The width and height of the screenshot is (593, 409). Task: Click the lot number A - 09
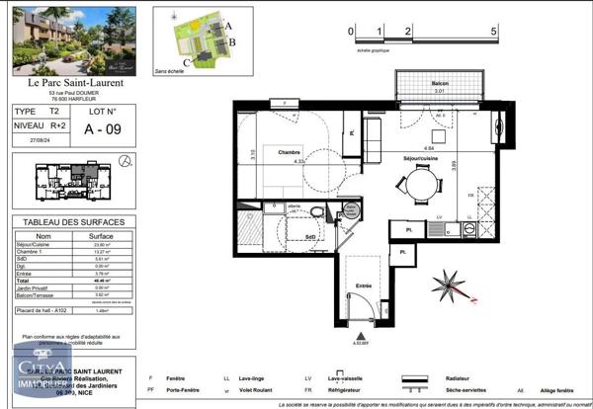point(103,126)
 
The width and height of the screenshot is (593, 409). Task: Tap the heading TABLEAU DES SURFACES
point(74,221)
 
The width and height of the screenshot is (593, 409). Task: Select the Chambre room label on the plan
point(290,153)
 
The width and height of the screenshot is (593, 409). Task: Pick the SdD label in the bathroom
point(311,237)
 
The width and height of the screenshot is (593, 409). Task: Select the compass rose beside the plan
point(450,287)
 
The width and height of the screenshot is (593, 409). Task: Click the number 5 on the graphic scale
point(494,32)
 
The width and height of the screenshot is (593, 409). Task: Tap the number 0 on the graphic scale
point(351,32)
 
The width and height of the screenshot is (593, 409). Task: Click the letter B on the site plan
point(231,43)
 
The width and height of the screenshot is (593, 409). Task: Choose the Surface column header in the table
point(101,237)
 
